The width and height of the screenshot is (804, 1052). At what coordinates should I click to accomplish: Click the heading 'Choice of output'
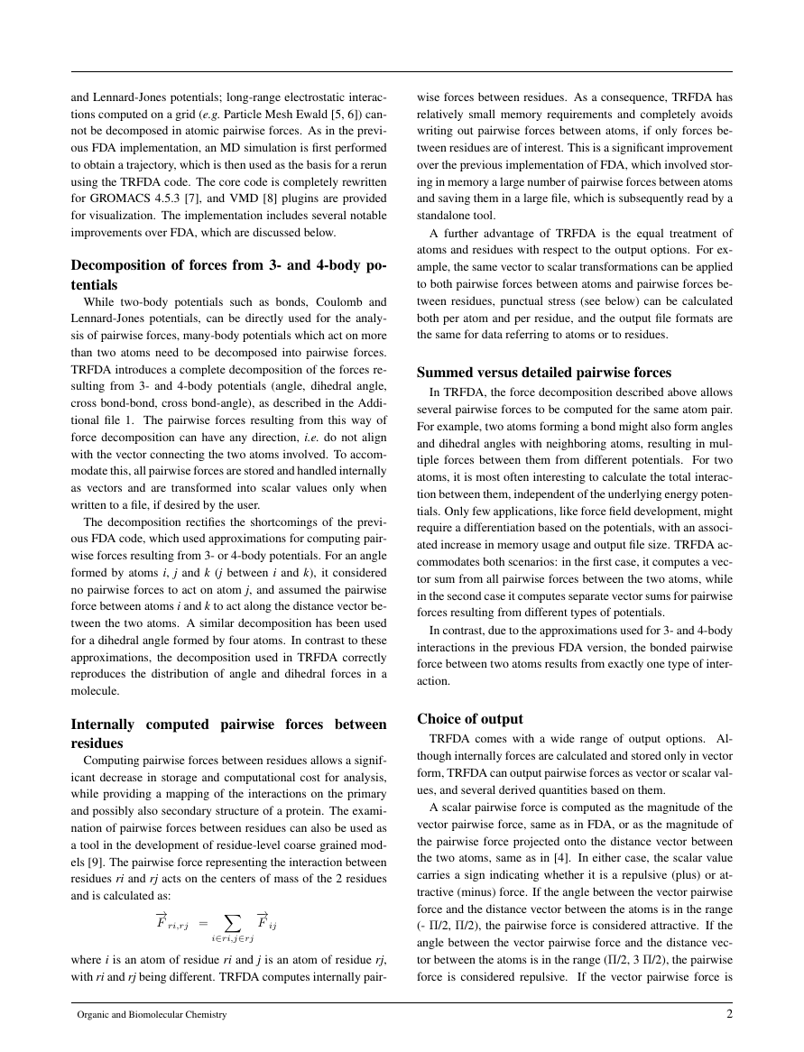click(469, 719)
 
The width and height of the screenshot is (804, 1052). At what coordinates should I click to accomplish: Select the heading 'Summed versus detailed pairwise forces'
click(544, 372)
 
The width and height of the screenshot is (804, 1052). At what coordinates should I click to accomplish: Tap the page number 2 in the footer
click(728, 1014)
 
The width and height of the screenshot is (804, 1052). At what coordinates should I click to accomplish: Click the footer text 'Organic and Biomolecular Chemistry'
click(152, 1015)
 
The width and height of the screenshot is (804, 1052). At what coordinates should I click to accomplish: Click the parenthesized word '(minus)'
click(479, 891)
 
